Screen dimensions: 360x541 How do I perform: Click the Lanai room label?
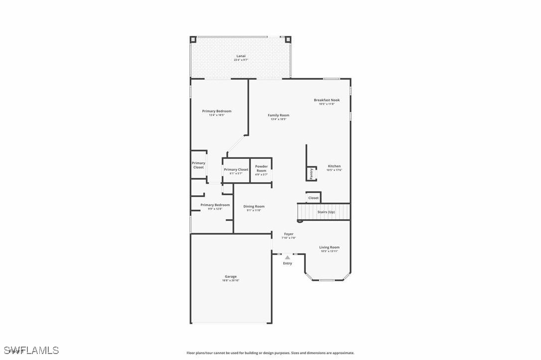(241, 56)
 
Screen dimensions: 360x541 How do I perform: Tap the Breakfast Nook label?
(327, 100)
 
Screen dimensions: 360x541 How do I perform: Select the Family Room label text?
(278, 115)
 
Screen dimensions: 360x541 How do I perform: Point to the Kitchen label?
(334, 166)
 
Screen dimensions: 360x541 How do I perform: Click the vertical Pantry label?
(311, 174)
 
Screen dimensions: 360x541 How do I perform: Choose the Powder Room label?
(262, 168)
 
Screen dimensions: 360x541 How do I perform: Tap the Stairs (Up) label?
(326, 212)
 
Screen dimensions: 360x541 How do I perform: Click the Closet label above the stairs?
(313, 198)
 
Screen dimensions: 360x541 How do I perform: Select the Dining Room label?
(254, 206)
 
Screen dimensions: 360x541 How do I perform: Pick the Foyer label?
(289, 234)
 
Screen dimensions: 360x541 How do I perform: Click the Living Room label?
(329, 247)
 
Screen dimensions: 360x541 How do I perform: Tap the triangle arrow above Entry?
(287, 257)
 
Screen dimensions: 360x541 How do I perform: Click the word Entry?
(287, 263)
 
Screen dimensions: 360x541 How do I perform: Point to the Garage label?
(230, 276)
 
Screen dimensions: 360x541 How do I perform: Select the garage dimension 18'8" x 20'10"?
(230, 280)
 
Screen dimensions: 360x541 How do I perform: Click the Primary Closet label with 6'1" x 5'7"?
(236, 170)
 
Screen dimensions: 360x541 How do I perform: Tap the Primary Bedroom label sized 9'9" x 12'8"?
(215, 205)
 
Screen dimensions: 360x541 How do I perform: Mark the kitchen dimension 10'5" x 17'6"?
(334, 170)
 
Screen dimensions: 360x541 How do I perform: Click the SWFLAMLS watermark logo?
(30, 351)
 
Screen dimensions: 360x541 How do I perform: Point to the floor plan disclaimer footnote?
(270, 353)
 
